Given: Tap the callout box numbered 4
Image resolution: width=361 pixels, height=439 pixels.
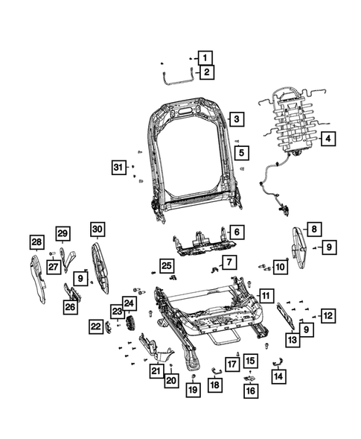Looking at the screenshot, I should tap(327, 138).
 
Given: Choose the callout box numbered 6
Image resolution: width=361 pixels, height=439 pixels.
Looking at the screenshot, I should tap(234, 232).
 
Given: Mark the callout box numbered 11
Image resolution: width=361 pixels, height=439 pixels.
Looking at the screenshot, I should tap(266, 297).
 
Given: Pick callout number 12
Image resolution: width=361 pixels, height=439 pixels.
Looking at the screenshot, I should tap(328, 315).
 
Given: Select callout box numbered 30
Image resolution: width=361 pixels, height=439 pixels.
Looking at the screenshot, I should tap(98, 230).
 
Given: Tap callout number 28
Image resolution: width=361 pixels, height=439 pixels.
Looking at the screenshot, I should tap(36, 241).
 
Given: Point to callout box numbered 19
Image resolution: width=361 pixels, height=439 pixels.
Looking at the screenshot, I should tap(192, 389).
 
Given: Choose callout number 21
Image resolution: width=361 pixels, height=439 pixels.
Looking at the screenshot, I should tap(156, 370).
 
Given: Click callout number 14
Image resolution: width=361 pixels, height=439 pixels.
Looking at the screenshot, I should tap(278, 376).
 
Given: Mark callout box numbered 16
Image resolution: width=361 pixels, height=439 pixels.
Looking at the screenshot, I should tap(250, 390).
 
